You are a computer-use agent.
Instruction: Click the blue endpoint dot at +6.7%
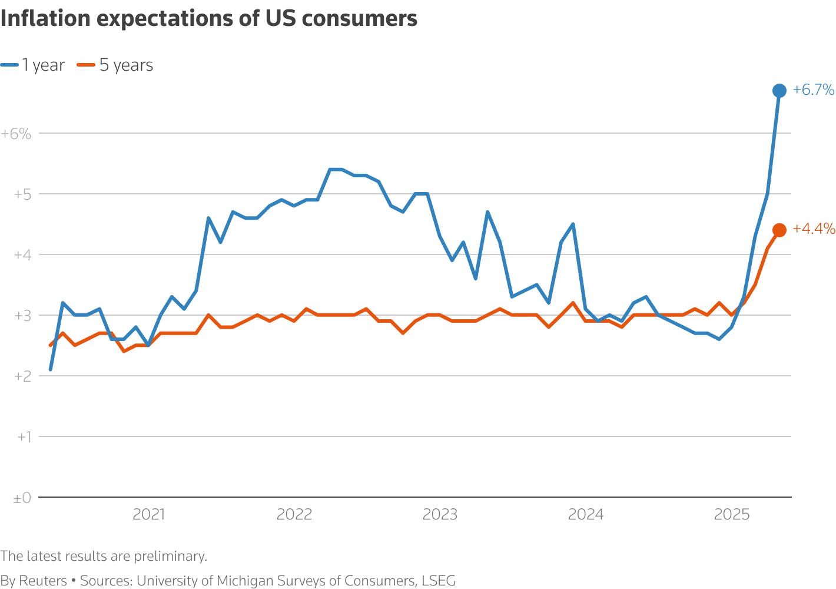pos(779,91)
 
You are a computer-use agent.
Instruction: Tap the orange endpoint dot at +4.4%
pos(779,230)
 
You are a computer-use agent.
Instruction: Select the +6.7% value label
pos(813,90)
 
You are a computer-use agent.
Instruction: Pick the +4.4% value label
pos(814,229)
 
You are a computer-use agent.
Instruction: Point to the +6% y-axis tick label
pos(16,134)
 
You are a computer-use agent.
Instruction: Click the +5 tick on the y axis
pos(22,194)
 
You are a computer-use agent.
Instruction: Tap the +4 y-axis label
pos(22,255)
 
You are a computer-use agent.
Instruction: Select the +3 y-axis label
pos(22,316)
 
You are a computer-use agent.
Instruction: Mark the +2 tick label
pos(22,376)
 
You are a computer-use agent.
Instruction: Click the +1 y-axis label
pos(24,437)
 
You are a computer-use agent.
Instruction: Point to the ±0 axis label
pos(22,498)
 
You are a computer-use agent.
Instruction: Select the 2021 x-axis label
pos(148,515)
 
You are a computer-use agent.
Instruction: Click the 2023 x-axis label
pos(440,515)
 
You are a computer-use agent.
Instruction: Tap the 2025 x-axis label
pos(731,515)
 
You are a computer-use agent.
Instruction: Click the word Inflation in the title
pos(45,19)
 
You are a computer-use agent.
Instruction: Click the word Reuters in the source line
pos(43,581)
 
